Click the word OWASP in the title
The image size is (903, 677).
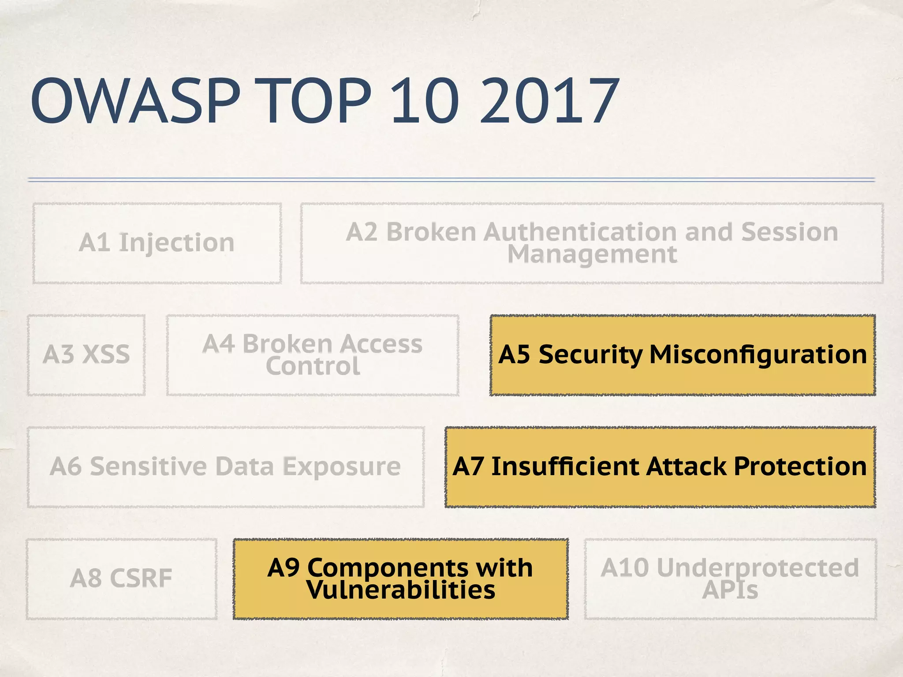(x=135, y=101)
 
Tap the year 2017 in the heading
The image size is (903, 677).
(x=549, y=101)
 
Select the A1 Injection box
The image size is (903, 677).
(x=157, y=243)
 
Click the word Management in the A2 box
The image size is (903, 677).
(x=592, y=255)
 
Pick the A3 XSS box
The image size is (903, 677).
(x=86, y=355)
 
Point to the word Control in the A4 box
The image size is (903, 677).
(x=313, y=366)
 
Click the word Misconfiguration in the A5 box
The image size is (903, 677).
(x=758, y=354)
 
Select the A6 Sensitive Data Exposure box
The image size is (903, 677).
(x=225, y=467)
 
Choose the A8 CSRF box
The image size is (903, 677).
(x=121, y=578)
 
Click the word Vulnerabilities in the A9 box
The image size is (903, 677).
(x=401, y=590)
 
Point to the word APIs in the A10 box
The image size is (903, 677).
(x=730, y=590)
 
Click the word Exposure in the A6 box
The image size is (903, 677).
(x=341, y=467)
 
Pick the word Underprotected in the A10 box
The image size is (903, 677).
(x=757, y=568)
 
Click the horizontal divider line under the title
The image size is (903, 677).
(x=451, y=179)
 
